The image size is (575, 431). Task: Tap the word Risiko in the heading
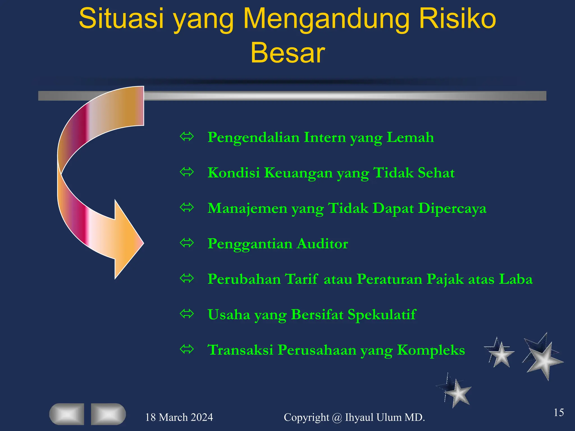[458, 19]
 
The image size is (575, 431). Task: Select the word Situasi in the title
[121, 19]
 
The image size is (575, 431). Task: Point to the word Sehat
[436, 173]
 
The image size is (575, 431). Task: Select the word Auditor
[322, 244]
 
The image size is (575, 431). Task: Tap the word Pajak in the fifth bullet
[445, 279]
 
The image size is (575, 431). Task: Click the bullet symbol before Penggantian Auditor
[187, 243]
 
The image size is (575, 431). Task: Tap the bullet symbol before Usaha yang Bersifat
[187, 314]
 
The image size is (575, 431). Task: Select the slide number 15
[558, 412]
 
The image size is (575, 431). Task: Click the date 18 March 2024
[179, 418]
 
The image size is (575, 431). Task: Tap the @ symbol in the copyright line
[337, 418]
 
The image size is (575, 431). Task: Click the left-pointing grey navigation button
[67, 414]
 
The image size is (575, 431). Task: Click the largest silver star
[544, 360]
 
